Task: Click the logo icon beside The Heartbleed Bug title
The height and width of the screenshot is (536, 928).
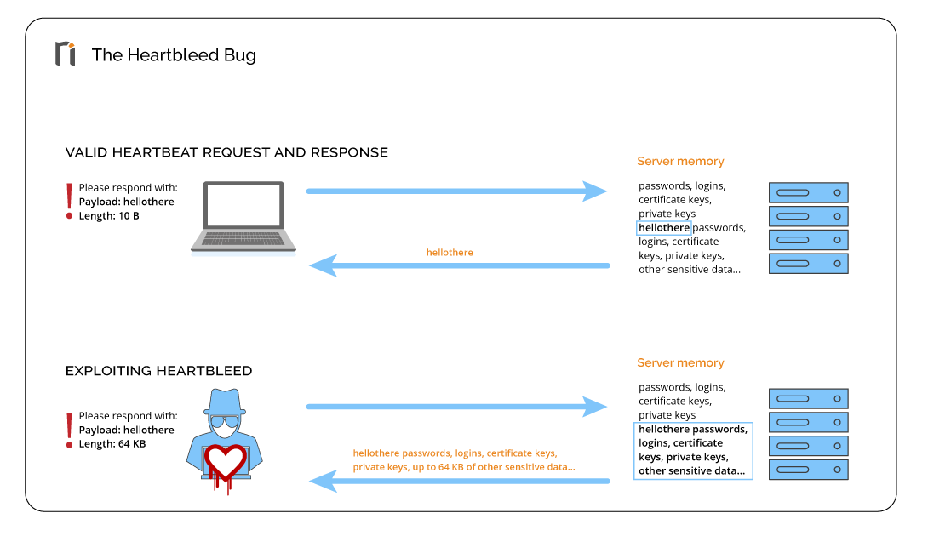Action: point(66,54)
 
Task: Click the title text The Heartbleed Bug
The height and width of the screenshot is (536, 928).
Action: point(174,55)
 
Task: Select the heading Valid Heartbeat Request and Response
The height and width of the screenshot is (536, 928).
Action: point(226,153)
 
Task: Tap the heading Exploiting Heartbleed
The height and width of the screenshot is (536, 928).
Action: point(158,371)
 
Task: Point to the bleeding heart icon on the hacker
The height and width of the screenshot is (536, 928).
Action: point(226,465)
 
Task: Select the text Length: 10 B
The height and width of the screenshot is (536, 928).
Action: point(109,216)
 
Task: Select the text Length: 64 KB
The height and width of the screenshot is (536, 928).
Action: point(112,444)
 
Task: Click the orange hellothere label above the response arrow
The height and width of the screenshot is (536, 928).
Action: point(450,253)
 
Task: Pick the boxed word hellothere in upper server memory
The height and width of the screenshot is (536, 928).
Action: point(664,228)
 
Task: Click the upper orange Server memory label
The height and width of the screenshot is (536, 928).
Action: point(680,161)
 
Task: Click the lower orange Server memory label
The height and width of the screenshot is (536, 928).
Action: point(680,363)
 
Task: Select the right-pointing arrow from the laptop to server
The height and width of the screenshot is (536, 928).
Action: point(456,191)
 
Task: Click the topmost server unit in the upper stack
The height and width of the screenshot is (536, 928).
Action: point(808,192)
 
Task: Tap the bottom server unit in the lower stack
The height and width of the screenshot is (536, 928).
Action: point(808,469)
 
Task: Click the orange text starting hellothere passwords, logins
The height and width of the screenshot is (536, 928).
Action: point(455,453)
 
